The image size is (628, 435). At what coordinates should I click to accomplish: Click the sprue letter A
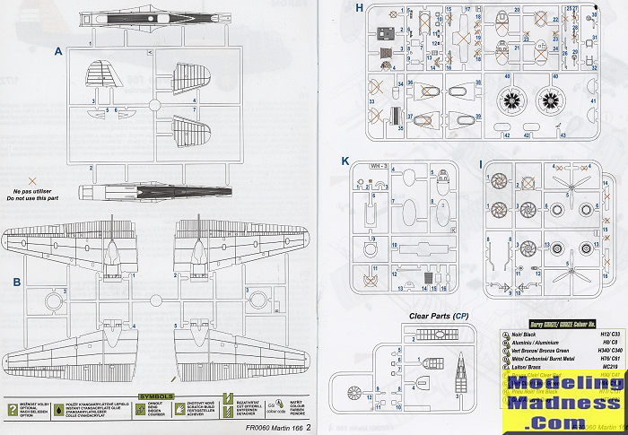click(59, 52)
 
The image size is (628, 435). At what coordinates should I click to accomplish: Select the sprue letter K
click(345, 161)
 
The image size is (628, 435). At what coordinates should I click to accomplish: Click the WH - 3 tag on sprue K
click(379, 166)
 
